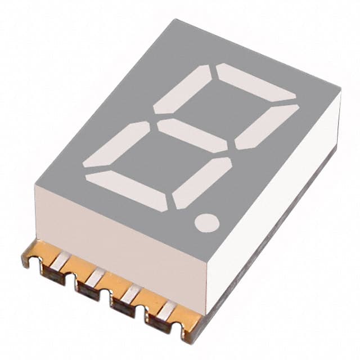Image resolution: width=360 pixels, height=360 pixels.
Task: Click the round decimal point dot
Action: click(207, 222)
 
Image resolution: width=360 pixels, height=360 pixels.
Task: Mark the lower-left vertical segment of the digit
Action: click(116, 145)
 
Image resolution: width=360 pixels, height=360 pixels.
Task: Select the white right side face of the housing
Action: click(276, 208)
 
